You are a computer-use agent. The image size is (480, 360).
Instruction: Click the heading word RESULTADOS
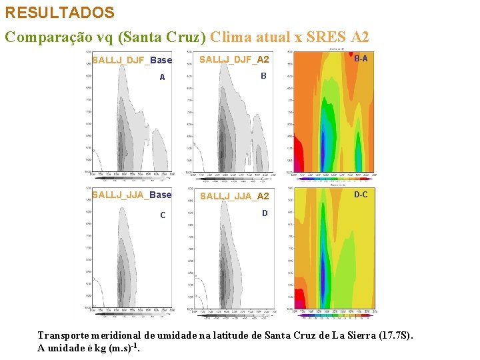60,13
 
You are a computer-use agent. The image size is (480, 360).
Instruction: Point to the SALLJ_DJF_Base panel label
132,61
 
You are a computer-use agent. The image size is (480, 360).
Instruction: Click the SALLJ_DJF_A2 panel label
235,60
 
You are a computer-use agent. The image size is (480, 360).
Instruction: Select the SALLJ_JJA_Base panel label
131,195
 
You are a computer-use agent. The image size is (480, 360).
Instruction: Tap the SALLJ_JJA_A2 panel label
235,196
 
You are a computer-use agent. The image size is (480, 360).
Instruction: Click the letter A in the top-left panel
162,78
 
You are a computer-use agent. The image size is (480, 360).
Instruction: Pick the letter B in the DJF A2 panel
263,77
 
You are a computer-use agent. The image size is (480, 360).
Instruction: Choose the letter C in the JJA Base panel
162,215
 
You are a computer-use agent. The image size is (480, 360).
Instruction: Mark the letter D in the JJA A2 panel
265,213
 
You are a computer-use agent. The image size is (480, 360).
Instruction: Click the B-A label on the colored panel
361,59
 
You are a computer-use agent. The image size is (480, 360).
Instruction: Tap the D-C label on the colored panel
361,195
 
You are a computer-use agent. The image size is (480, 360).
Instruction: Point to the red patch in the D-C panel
299,297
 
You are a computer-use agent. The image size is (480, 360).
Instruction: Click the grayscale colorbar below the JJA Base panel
132,314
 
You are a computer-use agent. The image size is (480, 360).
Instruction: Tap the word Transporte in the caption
65,335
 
